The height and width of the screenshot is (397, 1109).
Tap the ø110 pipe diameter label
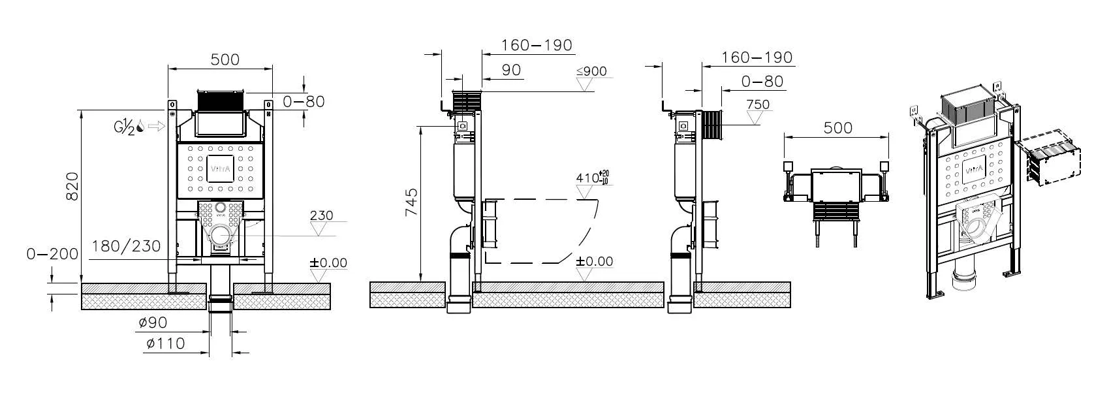[x=165, y=343]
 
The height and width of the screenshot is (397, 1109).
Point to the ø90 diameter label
[x=153, y=323]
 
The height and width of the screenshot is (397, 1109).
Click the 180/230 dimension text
[x=126, y=246]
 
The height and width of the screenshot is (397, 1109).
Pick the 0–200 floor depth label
[x=52, y=254]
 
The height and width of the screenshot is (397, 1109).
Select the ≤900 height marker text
[x=591, y=71]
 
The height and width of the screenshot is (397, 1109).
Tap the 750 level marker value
[x=757, y=104]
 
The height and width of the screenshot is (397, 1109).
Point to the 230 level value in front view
[x=321, y=215]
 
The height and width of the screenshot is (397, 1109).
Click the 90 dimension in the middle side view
[x=511, y=70]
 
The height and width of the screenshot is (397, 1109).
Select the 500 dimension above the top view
[x=837, y=127]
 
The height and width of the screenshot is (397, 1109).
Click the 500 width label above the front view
[x=225, y=59]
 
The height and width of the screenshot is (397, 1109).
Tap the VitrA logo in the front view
[x=220, y=168]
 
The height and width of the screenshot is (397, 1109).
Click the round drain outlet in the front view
[x=221, y=236]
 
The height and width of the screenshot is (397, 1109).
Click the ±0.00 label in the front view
[x=328, y=263]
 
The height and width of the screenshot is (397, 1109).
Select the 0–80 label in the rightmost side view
[x=762, y=82]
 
